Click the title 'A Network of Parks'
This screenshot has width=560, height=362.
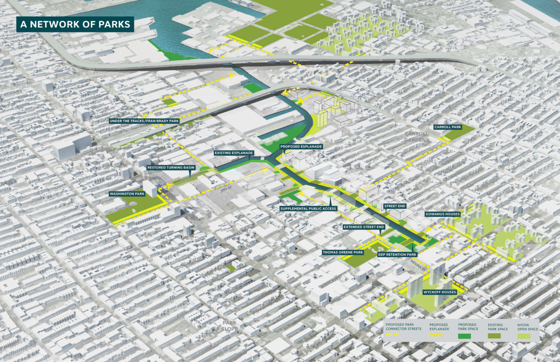click(x=75, y=24)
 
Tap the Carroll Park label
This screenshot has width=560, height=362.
click(x=447, y=127)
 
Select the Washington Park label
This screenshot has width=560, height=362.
click(x=127, y=194)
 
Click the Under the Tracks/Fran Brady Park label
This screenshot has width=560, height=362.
click(x=144, y=121)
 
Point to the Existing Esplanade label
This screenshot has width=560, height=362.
click(x=234, y=153)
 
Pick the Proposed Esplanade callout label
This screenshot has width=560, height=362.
click(x=301, y=147)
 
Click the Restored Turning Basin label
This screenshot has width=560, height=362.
click(x=171, y=167)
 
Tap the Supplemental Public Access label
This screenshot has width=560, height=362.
click(x=308, y=209)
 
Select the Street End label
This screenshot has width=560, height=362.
click(x=395, y=206)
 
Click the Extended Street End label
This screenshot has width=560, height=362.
click(x=364, y=227)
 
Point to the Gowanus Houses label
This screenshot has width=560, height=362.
click(x=443, y=214)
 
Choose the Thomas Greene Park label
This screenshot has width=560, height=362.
click(x=343, y=252)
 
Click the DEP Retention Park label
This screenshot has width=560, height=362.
click(x=397, y=255)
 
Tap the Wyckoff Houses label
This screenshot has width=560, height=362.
click(x=440, y=292)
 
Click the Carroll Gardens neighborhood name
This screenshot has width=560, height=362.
click(x=416, y=137)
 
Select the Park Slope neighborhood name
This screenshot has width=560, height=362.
click(x=229, y=326)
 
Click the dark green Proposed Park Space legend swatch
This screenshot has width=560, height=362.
click(x=464, y=336)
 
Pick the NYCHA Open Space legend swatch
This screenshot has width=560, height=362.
click(x=524, y=336)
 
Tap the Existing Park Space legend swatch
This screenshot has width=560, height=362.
click(x=494, y=336)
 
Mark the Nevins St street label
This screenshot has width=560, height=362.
click(x=418, y=265)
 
